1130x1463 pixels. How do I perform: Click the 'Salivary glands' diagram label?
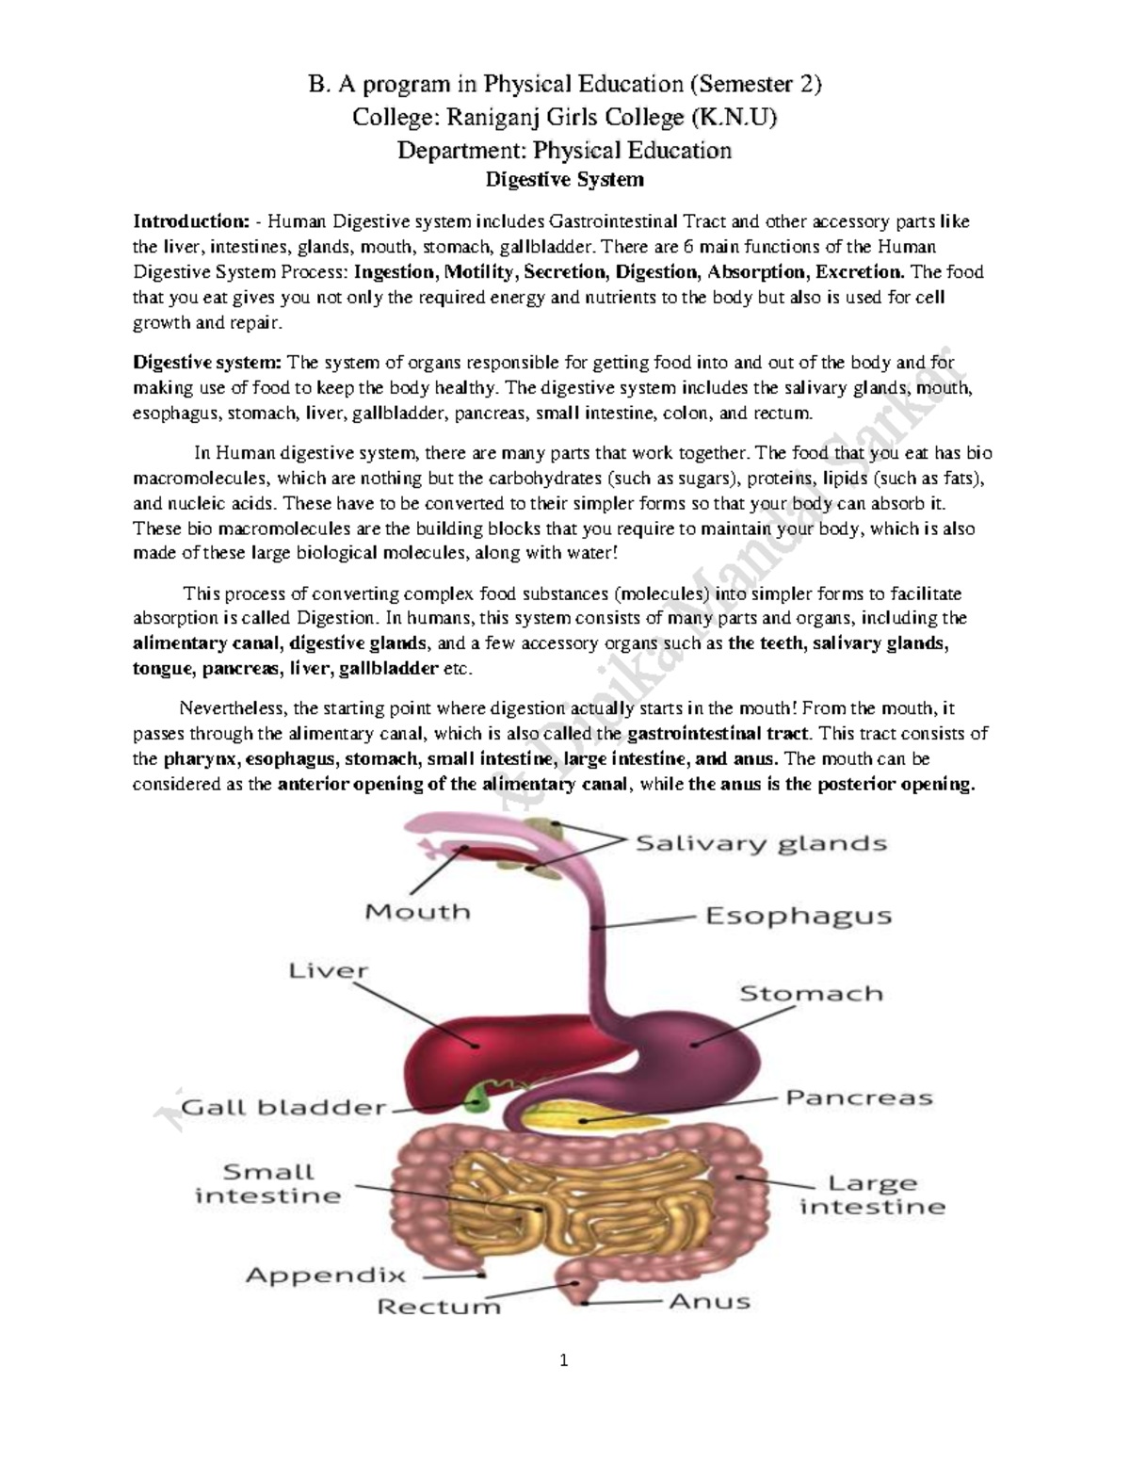761,842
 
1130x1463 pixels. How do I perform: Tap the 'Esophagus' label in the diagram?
799,915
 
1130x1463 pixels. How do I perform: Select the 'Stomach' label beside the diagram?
811,993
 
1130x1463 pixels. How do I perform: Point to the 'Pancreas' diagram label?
859,1097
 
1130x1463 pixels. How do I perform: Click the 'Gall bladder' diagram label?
283,1108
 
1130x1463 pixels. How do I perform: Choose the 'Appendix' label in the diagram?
326,1276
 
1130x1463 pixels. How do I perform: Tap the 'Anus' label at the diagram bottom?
709,1301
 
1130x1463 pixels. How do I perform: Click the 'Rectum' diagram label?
439,1307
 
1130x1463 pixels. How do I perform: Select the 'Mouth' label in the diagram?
417,912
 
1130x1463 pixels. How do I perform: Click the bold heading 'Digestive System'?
564,179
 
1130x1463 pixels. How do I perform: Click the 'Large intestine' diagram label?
872,1195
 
